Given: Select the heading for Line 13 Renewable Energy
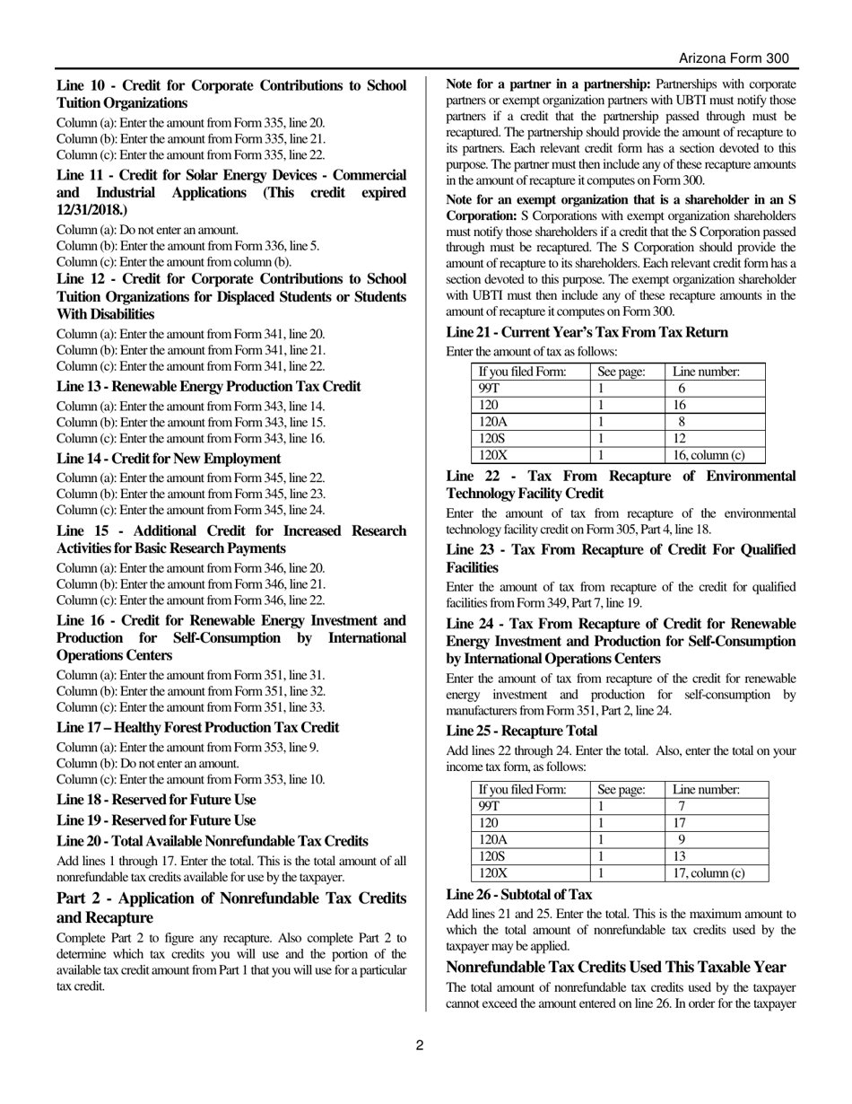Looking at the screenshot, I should (x=208, y=387).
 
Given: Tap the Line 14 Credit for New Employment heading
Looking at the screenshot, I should (x=169, y=459).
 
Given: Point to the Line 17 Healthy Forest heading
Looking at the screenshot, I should (x=197, y=728).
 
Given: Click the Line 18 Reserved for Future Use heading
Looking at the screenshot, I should (x=156, y=800).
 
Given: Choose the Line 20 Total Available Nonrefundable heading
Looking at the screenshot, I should (x=212, y=841).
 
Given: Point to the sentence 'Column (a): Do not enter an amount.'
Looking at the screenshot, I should (x=147, y=230).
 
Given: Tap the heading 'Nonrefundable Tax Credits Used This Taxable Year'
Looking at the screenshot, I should (x=616, y=968).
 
